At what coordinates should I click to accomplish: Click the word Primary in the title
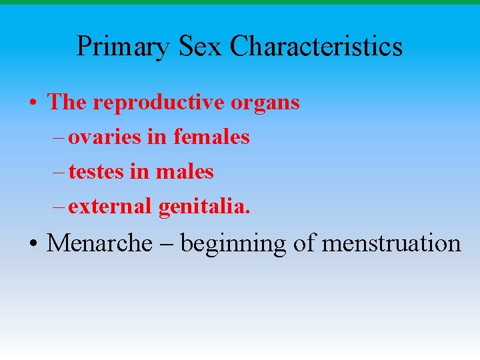(x=123, y=47)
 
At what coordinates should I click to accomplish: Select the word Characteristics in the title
(x=316, y=47)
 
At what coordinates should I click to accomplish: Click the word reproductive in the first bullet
(x=160, y=103)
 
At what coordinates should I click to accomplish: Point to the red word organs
(x=265, y=103)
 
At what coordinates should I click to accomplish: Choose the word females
(x=211, y=137)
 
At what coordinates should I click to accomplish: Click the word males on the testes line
(x=185, y=172)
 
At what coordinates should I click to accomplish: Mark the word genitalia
(x=205, y=207)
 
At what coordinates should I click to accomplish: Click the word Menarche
(x=99, y=243)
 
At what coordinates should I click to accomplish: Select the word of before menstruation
(x=304, y=243)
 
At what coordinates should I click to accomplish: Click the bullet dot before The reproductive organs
(x=33, y=104)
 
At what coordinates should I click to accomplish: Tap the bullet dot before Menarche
(x=33, y=245)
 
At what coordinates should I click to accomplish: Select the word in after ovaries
(x=157, y=137)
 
